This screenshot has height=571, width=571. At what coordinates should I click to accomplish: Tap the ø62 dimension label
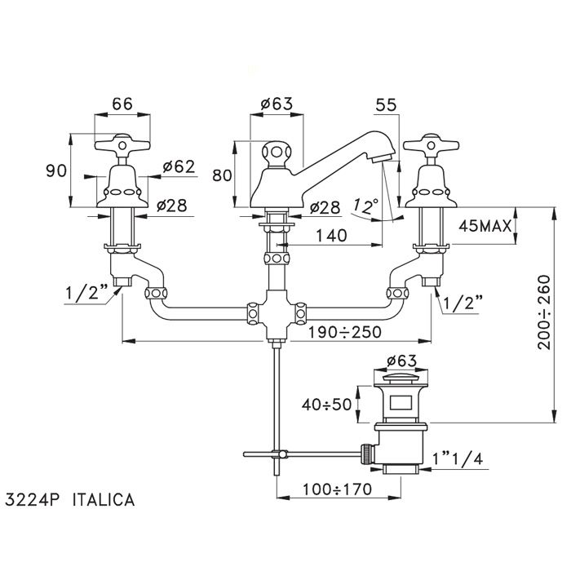tap(179, 167)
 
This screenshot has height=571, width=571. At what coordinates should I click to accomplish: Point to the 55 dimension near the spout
tap(387, 105)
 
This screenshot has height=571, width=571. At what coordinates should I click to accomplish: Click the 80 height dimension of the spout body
tap(222, 175)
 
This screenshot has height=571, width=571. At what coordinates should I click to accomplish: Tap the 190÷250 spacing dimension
tap(345, 332)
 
